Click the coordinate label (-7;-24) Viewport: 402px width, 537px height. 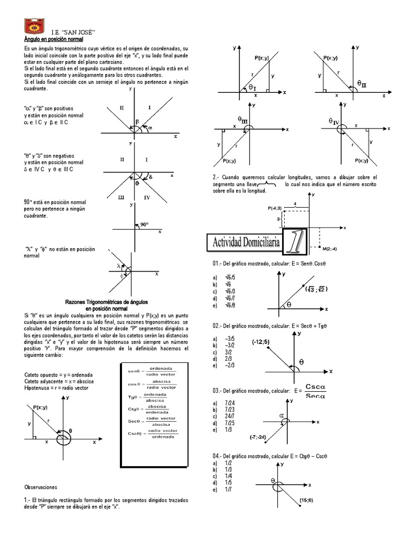tap(255, 436)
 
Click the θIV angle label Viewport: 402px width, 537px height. tap(334, 121)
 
